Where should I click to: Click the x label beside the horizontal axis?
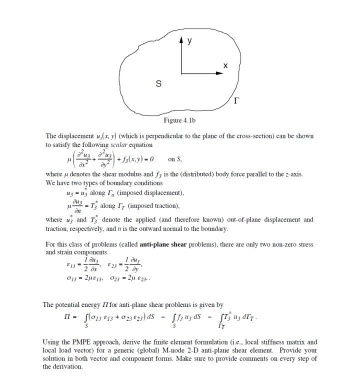pyautogui.click(x=225, y=65)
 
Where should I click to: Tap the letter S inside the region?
pyautogui.click(x=158, y=84)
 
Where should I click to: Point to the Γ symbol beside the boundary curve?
pyautogui.click(x=236, y=102)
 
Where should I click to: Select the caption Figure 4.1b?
pyautogui.click(x=179, y=120)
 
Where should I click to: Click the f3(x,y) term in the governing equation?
pyautogui.click(x=135, y=159)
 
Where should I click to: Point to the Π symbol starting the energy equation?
pyautogui.click(x=60, y=318)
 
